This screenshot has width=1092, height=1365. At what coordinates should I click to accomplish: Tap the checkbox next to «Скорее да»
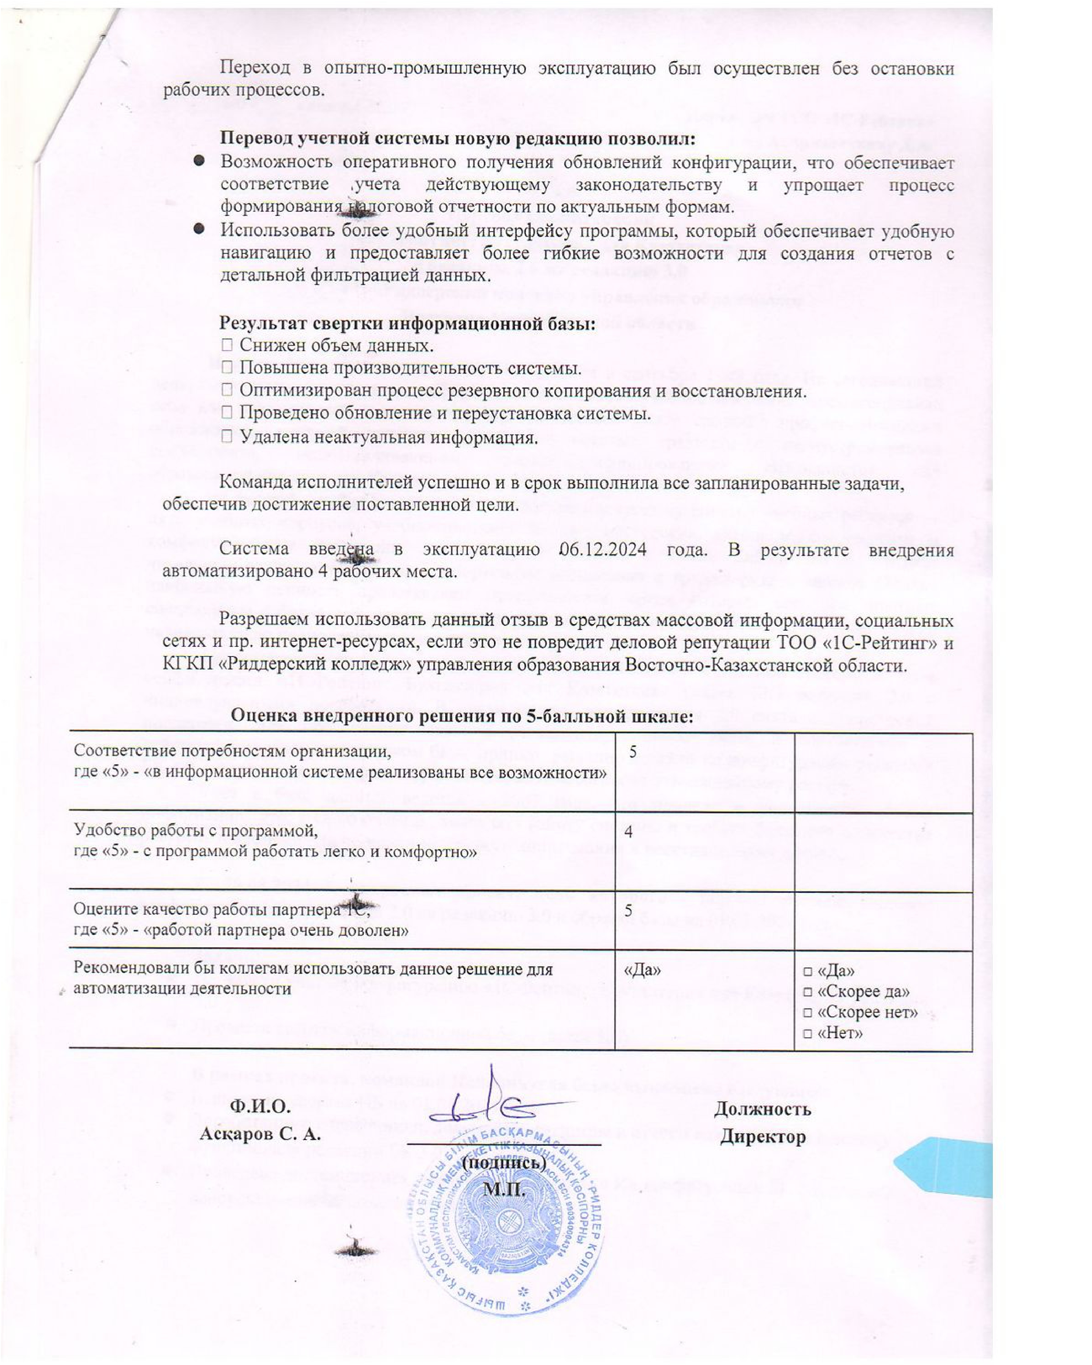click(807, 992)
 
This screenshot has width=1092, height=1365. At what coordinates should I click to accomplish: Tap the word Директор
click(762, 1137)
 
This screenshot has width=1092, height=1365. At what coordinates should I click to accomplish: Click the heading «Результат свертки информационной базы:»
click(407, 324)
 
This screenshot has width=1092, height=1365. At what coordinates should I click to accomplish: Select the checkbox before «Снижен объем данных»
click(227, 346)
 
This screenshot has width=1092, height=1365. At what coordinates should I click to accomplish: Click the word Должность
click(762, 1109)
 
